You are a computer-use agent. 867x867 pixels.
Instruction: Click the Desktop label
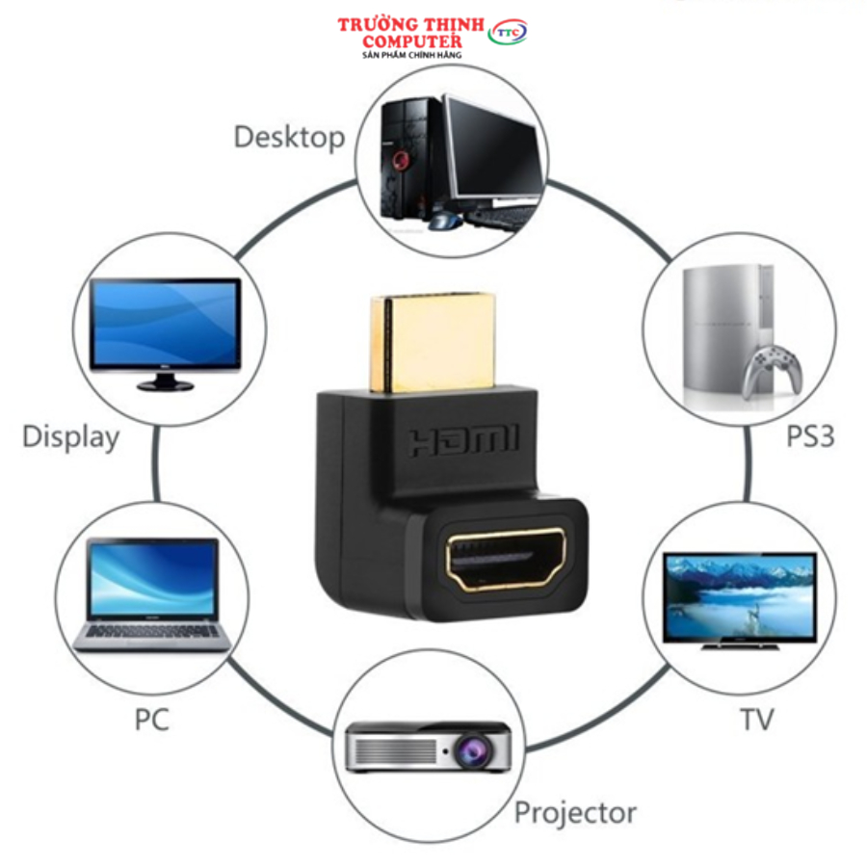(288, 137)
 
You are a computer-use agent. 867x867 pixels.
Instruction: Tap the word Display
(70, 436)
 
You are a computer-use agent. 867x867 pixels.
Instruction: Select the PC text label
(150, 718)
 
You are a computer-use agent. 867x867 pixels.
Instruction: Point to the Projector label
(575, 812)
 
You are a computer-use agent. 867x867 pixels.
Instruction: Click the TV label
(756, 719)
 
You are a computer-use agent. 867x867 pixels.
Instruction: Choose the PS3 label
(809, 436)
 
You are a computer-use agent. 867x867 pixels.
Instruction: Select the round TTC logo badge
(507, 33)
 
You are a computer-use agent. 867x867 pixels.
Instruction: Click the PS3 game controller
(774, 370)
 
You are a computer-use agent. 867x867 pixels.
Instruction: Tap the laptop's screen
(152, 579)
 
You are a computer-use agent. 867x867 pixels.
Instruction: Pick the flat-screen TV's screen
(739, 596)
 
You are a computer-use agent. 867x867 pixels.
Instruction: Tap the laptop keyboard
(152, 631)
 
